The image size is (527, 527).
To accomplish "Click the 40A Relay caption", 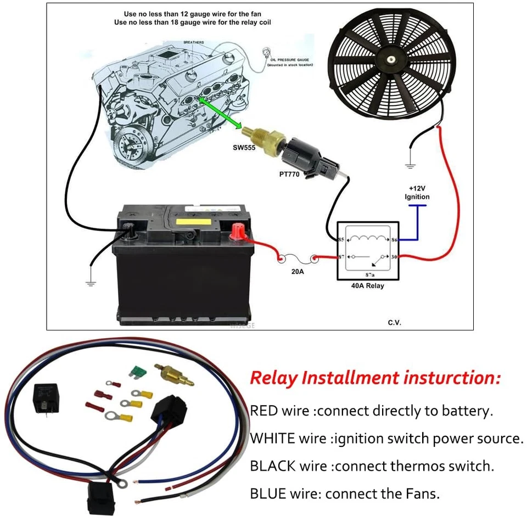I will [x=367, y=286].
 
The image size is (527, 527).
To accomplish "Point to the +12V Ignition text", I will [x=417, y=192].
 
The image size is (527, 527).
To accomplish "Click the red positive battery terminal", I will [x=238, y=230].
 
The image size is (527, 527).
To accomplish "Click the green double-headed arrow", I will [x=220, y=113].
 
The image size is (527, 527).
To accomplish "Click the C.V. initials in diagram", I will [x=394, y=322].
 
